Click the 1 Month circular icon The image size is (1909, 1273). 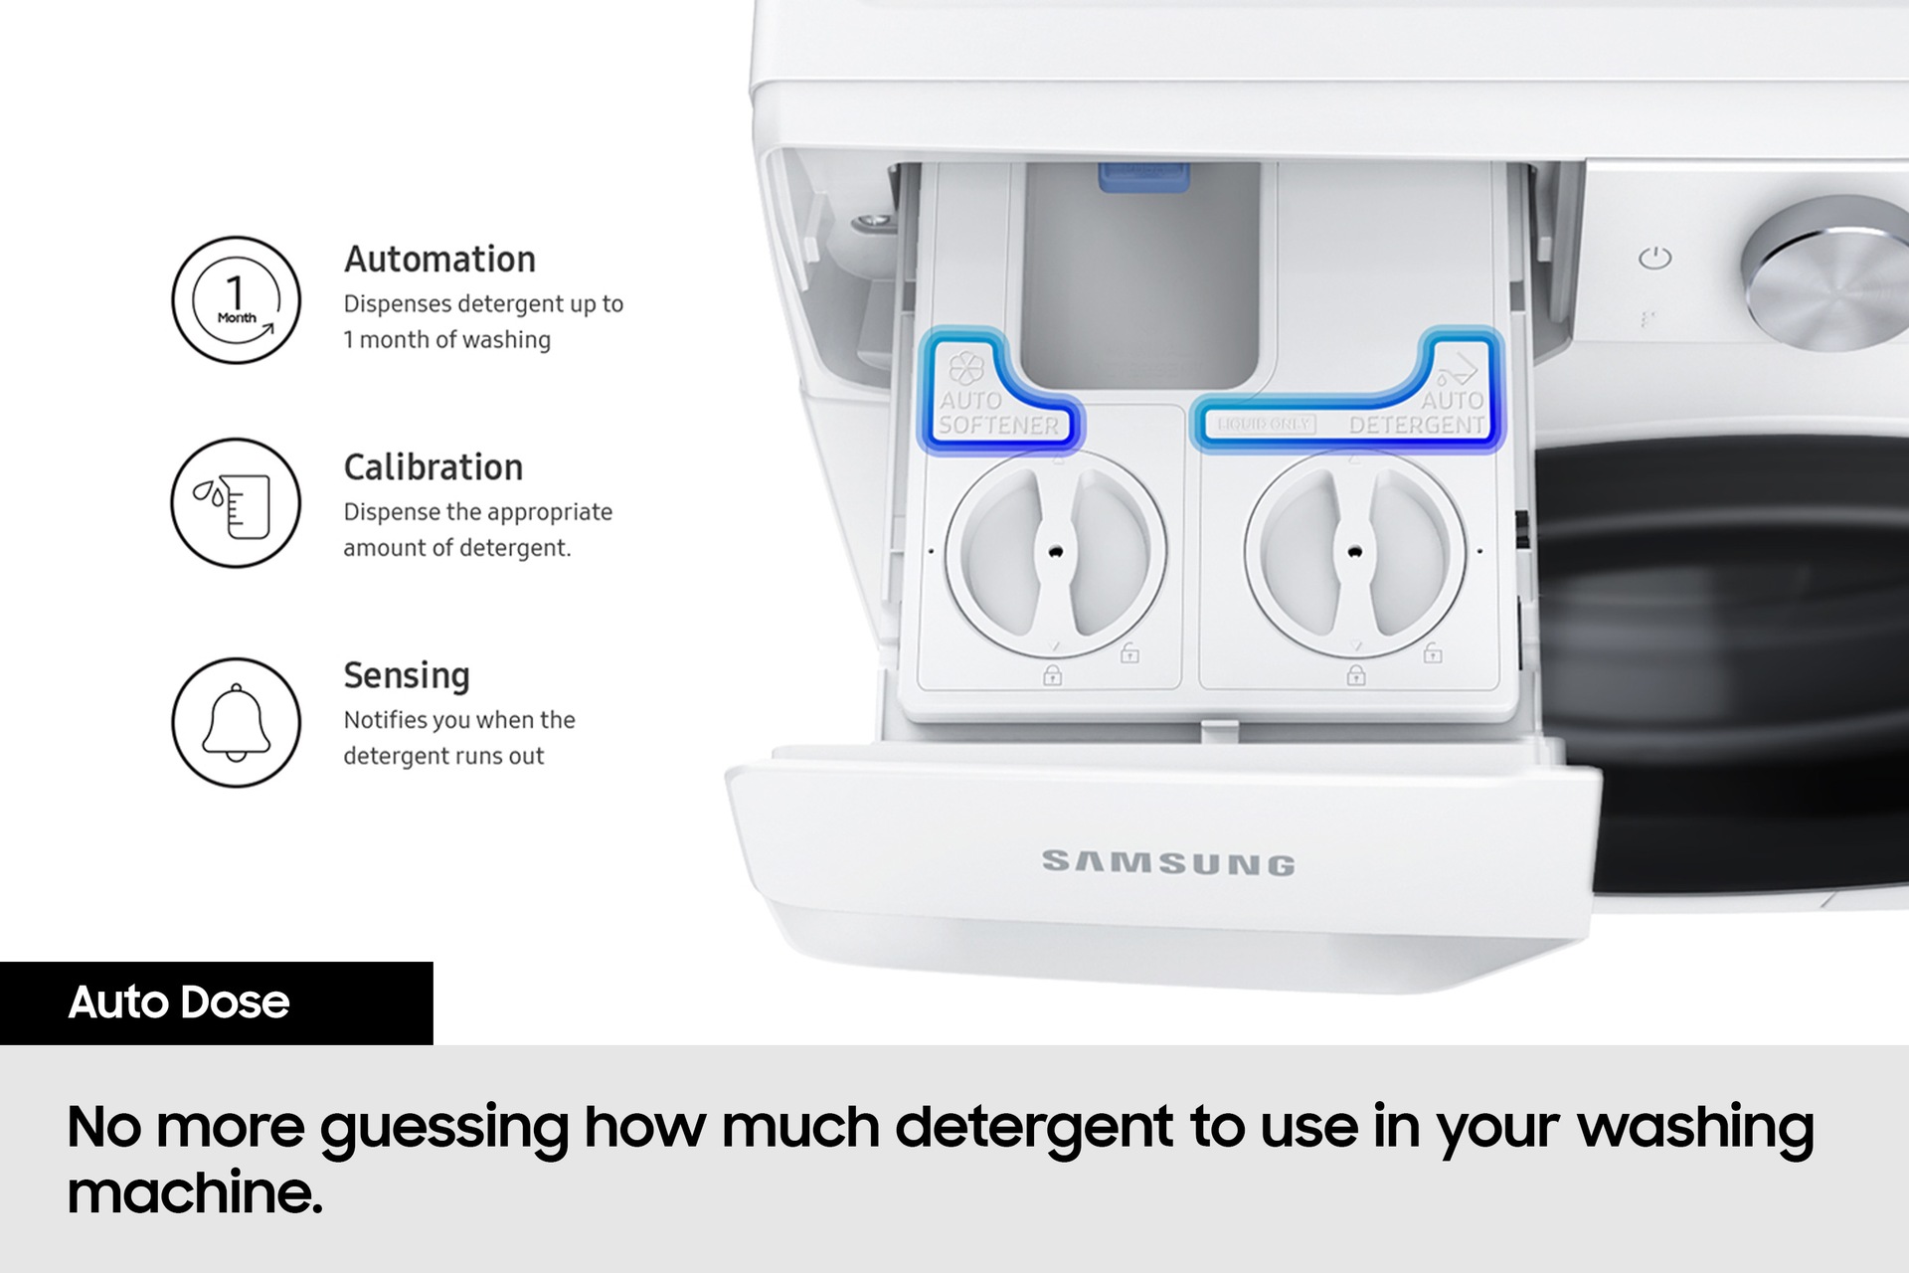point(236,299)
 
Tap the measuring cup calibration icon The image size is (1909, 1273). point(236,503)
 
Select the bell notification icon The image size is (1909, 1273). point(236,722)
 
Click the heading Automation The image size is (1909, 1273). point(439,260)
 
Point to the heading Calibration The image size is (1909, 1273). point(433,467)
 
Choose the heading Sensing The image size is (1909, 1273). point(407,676)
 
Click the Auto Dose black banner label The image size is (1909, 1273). point(179,1002)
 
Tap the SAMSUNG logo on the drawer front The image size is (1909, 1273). point(1168,862)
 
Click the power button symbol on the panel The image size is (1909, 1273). point(1655,259)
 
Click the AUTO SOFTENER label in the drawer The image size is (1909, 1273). point(998,413)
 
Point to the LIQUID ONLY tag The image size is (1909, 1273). point(1263,425)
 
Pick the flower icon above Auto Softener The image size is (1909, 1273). point(966,368)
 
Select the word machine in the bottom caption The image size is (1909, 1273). point(195,1192)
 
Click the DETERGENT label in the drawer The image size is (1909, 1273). point(1417,425)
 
